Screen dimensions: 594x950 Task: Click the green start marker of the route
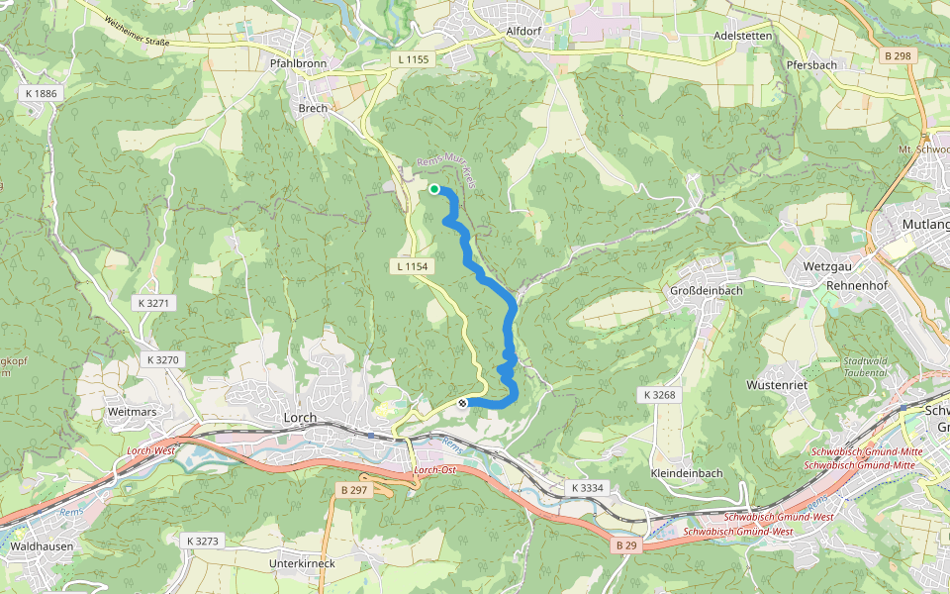[434, 189]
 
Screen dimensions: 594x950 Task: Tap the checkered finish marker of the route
[462, 403]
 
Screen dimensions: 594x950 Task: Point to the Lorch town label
[300, 418]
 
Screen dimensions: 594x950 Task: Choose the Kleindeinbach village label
[687, 473]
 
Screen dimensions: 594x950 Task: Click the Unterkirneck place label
[302, 563]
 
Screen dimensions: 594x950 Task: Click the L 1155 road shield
[414, 59]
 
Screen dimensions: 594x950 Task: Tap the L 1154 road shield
[411, 266]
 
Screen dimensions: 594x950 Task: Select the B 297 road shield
[353, 489]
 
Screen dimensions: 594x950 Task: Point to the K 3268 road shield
[658, 394]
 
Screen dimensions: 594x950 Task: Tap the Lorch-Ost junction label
[432, 469]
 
